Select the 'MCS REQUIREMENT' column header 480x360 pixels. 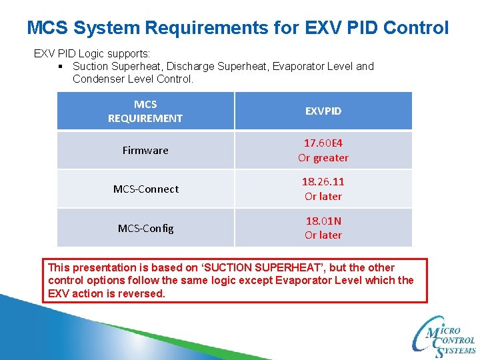tap(145, 111)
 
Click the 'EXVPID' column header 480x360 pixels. tap(323, 111)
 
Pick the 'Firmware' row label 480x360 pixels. tap(145, 150)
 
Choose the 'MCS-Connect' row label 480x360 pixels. tap(145, 189)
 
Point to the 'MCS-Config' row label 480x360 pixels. tap(145, 228)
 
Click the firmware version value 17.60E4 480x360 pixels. tap(323, 143)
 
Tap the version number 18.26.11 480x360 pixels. tap(323, 181)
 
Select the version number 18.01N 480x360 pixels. tap(323, 220)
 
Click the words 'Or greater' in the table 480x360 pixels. tap(323, 158)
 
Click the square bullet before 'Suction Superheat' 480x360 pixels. tap(61, 67)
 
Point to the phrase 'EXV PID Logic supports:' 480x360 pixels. tap(92, 53)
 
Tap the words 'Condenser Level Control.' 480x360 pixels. tap(133, 79)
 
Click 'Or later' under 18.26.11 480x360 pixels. tap(323, 197)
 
